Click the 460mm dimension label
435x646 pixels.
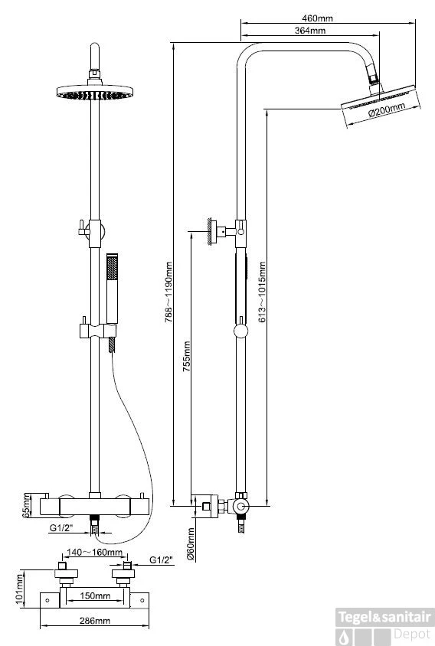[x=317, y=18]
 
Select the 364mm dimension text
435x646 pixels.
[x=310, y=31]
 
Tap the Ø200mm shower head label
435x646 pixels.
[x=387, y=109]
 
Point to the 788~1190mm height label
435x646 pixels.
[x=168, y=292]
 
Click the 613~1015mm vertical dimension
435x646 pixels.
[x=262, y=292]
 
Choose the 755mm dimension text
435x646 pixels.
[x=186, y=357]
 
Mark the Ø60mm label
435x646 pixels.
[x=191, y=544]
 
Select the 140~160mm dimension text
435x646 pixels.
[x=94, y=552]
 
